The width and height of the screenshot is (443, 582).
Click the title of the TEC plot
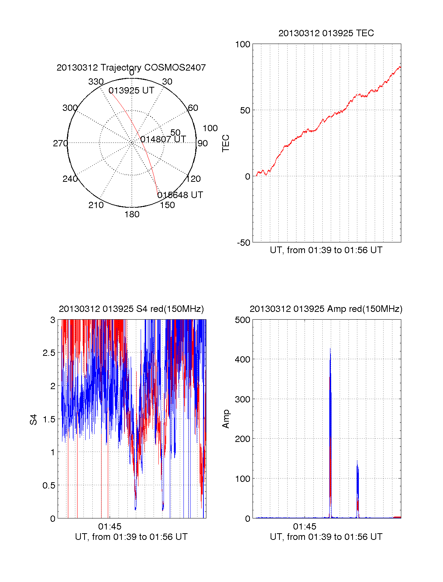(x=326, y=33)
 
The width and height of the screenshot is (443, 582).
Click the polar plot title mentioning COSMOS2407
(x=131, y=68)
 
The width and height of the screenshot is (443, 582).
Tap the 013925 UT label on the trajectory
(x=131, y=91)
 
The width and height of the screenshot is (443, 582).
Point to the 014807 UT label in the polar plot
(x=163, y=139)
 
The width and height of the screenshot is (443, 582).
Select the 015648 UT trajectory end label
(x=180, y=195)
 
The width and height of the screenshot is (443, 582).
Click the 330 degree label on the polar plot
(x=96, y=82)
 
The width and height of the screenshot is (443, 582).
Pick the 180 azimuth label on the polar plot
(x=132, y=214)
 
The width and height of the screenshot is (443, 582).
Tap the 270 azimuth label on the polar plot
(x=60, y=143)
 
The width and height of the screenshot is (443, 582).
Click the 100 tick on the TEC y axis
(x=243, y=44)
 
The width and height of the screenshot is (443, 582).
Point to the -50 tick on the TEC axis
(x=243, y=243)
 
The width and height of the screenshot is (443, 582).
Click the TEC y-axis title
(x=226, y=143)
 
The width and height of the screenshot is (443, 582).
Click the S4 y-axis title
(x=34, y=419)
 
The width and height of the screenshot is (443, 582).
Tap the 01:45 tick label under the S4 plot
(x=110, y=527)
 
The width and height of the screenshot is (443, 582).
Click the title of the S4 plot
(x=131, y=309)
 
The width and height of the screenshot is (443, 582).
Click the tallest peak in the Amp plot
(x=330, y=349)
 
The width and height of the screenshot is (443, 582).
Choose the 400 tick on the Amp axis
(x=243, y=359)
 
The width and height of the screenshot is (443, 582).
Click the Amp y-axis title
(x=226, y=419)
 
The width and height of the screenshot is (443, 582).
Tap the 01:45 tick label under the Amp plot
(x=305, y=527)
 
